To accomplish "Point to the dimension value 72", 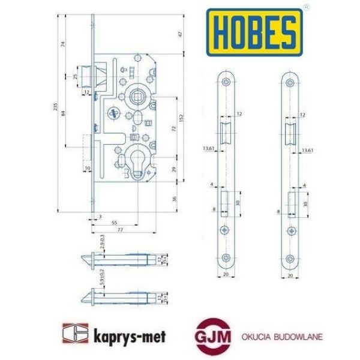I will pyautogui.click(x=175, y=129).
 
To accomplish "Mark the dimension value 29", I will pyautogui.click(x=175, y=172).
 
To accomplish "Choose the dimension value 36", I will pyautogui.click(x=175, y=200).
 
